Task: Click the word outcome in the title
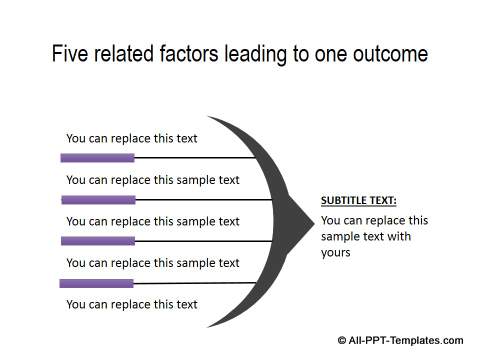click(389, 54)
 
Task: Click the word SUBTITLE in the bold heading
click(345, 200)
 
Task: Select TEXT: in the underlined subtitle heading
click(384, 200)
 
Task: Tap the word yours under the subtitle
click(336, 253)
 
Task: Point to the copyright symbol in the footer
click(342, 340)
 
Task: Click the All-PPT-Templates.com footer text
click(406, 340)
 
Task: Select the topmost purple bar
click(97, 157)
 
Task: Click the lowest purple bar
click(96, 283)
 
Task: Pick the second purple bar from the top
click(98, 200)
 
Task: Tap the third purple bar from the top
click(97, 241)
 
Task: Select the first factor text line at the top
click(131, 139)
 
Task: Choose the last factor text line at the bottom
click(131, 304)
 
